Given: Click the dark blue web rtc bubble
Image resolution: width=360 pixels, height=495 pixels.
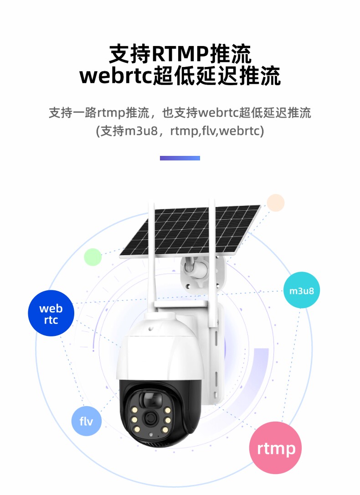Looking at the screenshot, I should (51, 313).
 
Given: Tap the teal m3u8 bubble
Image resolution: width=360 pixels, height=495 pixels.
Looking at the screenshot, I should (301, 290).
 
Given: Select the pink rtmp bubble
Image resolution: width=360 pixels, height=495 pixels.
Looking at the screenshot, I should (276, 448).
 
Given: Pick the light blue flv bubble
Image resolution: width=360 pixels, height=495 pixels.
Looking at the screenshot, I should (86, 421).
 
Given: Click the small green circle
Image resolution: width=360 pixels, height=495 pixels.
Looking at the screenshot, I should (93, 257).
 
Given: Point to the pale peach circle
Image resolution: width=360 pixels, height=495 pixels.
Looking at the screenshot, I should (276, 203).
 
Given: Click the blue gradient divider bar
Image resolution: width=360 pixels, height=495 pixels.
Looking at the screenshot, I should (180, 158).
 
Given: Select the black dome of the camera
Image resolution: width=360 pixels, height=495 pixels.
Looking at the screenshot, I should (159, 412).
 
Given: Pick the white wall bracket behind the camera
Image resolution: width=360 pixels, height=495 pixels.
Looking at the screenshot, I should (214, 356).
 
